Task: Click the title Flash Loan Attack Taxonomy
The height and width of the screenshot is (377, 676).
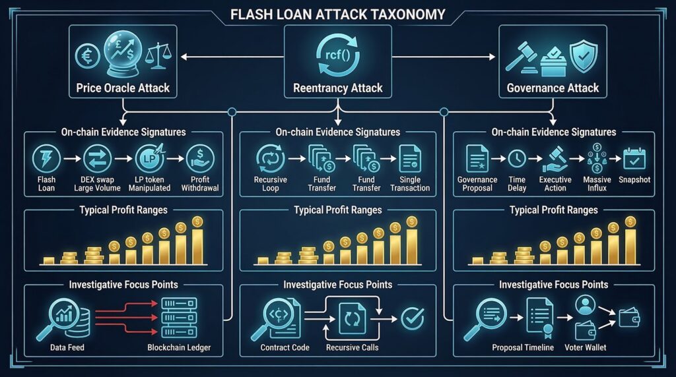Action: [338, 13]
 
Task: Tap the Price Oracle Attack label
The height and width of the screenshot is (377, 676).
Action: [123, 88]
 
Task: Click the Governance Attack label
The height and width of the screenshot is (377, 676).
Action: [553, 88]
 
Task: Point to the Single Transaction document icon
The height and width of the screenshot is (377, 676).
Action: [410, 159]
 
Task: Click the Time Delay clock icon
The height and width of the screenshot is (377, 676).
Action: [516, 159]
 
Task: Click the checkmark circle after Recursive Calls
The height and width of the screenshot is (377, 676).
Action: [413, 319]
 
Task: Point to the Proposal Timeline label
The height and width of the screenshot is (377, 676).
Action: [523, 347]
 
